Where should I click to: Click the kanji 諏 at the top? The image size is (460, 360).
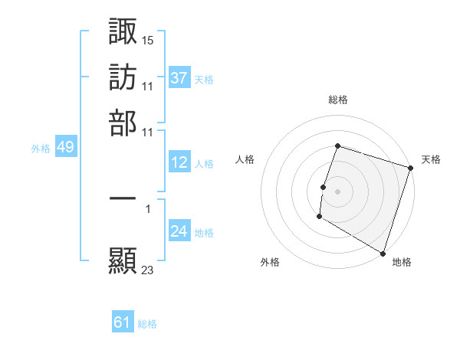tap(123, 32)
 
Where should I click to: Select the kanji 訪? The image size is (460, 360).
tap(123, 77)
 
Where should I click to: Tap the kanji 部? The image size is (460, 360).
tap(123, 123)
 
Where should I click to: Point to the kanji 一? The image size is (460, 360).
tap(123, 198)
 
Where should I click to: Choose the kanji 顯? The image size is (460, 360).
tap(123, 261)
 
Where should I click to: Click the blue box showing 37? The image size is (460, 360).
tap(179, 77)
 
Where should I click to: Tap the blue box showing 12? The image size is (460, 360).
tap(179, 162)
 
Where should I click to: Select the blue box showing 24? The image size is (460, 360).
tap(179, 231)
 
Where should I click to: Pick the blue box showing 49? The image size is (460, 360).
tap(65, 147)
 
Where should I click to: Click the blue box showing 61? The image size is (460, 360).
tap(123, 322)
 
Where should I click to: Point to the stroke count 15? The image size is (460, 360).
tap(148, 39)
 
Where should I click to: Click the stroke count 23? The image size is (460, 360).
tap(148, 269)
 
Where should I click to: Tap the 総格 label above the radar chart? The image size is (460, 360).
tap(338, 100)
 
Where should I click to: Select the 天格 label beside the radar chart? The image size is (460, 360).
tap(431, 159)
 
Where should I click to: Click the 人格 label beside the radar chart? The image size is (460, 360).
tap(245, 159)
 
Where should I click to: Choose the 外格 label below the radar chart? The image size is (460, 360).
tap(270, 262)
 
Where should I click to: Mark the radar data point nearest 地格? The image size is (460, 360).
tap(382, 253)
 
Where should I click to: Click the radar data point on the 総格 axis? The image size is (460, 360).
tap(337, 146)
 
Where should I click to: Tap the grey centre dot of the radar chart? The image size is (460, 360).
tap(337, 191)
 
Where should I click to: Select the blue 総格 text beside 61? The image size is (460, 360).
tap(147, 324)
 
